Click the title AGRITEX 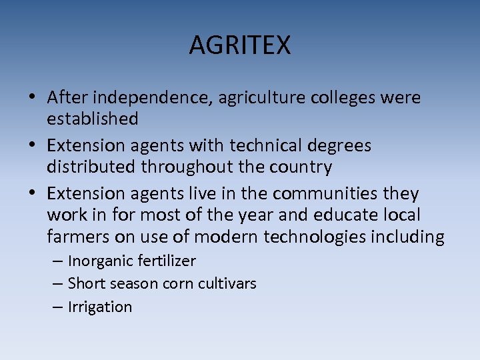tap(240, 45)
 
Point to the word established tap(93, 119)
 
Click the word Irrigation tap(100, 307)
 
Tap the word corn tap(182, 284)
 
